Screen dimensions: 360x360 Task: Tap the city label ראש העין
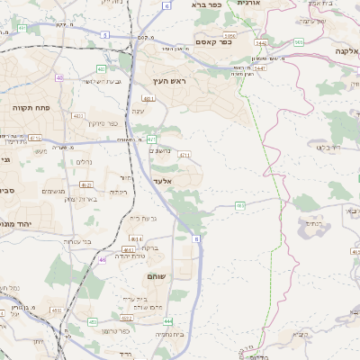pos(168,82)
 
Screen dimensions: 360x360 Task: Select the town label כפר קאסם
pos(213,41)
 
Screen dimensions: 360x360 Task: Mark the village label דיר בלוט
pos(329,146)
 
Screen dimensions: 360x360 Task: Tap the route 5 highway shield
pos(105,34)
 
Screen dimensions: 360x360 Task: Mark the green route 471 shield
pos(184,155)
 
